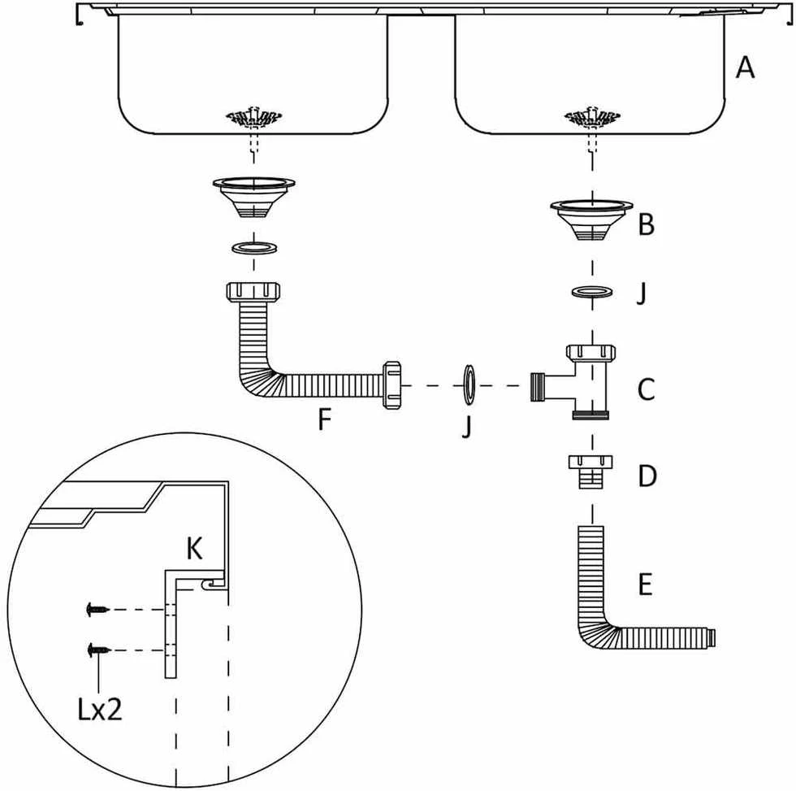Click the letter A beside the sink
(x=745, y=67)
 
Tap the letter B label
(x=647, y=224)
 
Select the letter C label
(x=647, y=389)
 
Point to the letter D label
(x=647, y=476)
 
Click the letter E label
(x=645, y=585)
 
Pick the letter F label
(x=324, y=419)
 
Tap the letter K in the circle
(x=194, y=549)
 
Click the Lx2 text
(x=100, y=709)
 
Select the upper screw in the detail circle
(x=98, y=609)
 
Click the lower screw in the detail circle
(x=98, y=650)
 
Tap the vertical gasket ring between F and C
(x=469, y=385)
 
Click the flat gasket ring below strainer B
(x=592, y=292)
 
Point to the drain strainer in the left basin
(x=253, y=118)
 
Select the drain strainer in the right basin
(x=592, y=118)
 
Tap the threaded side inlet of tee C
(x=538, y=387)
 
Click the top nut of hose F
(x=253, y=292)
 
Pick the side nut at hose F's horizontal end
(x=392, y=385)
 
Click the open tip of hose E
(x=713, y=638)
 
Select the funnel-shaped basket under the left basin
(x=253, y=197)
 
